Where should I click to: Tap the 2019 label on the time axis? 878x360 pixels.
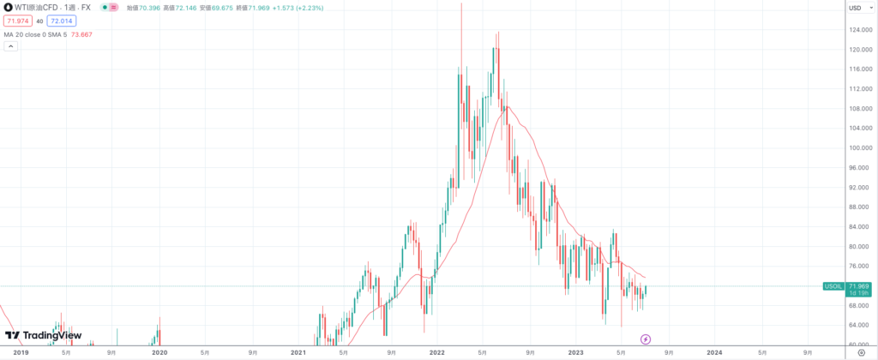tap(21, 352)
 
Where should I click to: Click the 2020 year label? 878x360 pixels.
tap(159, 352)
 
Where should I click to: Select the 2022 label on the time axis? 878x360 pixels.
tap(436, 352)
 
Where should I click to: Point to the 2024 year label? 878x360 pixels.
tap(714, 352)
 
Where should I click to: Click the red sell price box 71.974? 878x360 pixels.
tap(17, 21)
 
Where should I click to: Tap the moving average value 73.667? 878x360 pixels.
tap(81, 34)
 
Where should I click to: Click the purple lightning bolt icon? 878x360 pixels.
tap(646, 339)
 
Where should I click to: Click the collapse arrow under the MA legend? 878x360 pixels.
tap(10, 46)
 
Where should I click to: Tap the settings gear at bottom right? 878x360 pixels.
tap(860, 352)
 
